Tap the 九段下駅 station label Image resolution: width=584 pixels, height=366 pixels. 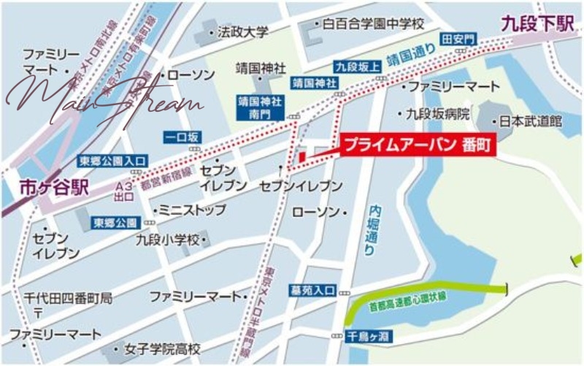coord(537,24)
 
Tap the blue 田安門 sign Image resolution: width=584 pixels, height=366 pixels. coord(458,38)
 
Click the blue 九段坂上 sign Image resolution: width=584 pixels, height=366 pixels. coord(358,67)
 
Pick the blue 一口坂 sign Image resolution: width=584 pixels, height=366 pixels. coord(182,136)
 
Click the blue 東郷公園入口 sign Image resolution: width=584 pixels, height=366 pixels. coord(113,160)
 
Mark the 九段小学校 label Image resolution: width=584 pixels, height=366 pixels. coord(169,238)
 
